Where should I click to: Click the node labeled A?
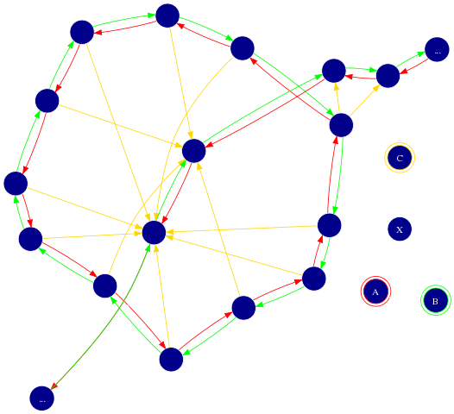pos(375,292)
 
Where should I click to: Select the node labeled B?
pos(436,300)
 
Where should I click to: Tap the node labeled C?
pos(400,158)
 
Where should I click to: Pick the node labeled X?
pos(400,229)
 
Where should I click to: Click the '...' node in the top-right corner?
pos(437,49)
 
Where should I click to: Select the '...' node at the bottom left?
pos(42,398)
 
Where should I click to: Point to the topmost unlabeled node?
pos(167,16)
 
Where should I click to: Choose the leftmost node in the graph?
pos(16,184)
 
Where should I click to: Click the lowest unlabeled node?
pos(171,359)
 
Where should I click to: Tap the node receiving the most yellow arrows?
pos(154,233)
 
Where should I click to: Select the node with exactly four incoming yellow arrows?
pos(194,151)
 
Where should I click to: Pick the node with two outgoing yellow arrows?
pos(341,125)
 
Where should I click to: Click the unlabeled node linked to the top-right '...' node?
pos(388,76)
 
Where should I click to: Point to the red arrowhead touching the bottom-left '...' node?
pos(54,386)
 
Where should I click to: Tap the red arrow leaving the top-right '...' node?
pos(414,66)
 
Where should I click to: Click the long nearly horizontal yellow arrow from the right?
pos(242,229)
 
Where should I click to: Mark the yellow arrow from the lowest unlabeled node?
pos(161,296)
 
